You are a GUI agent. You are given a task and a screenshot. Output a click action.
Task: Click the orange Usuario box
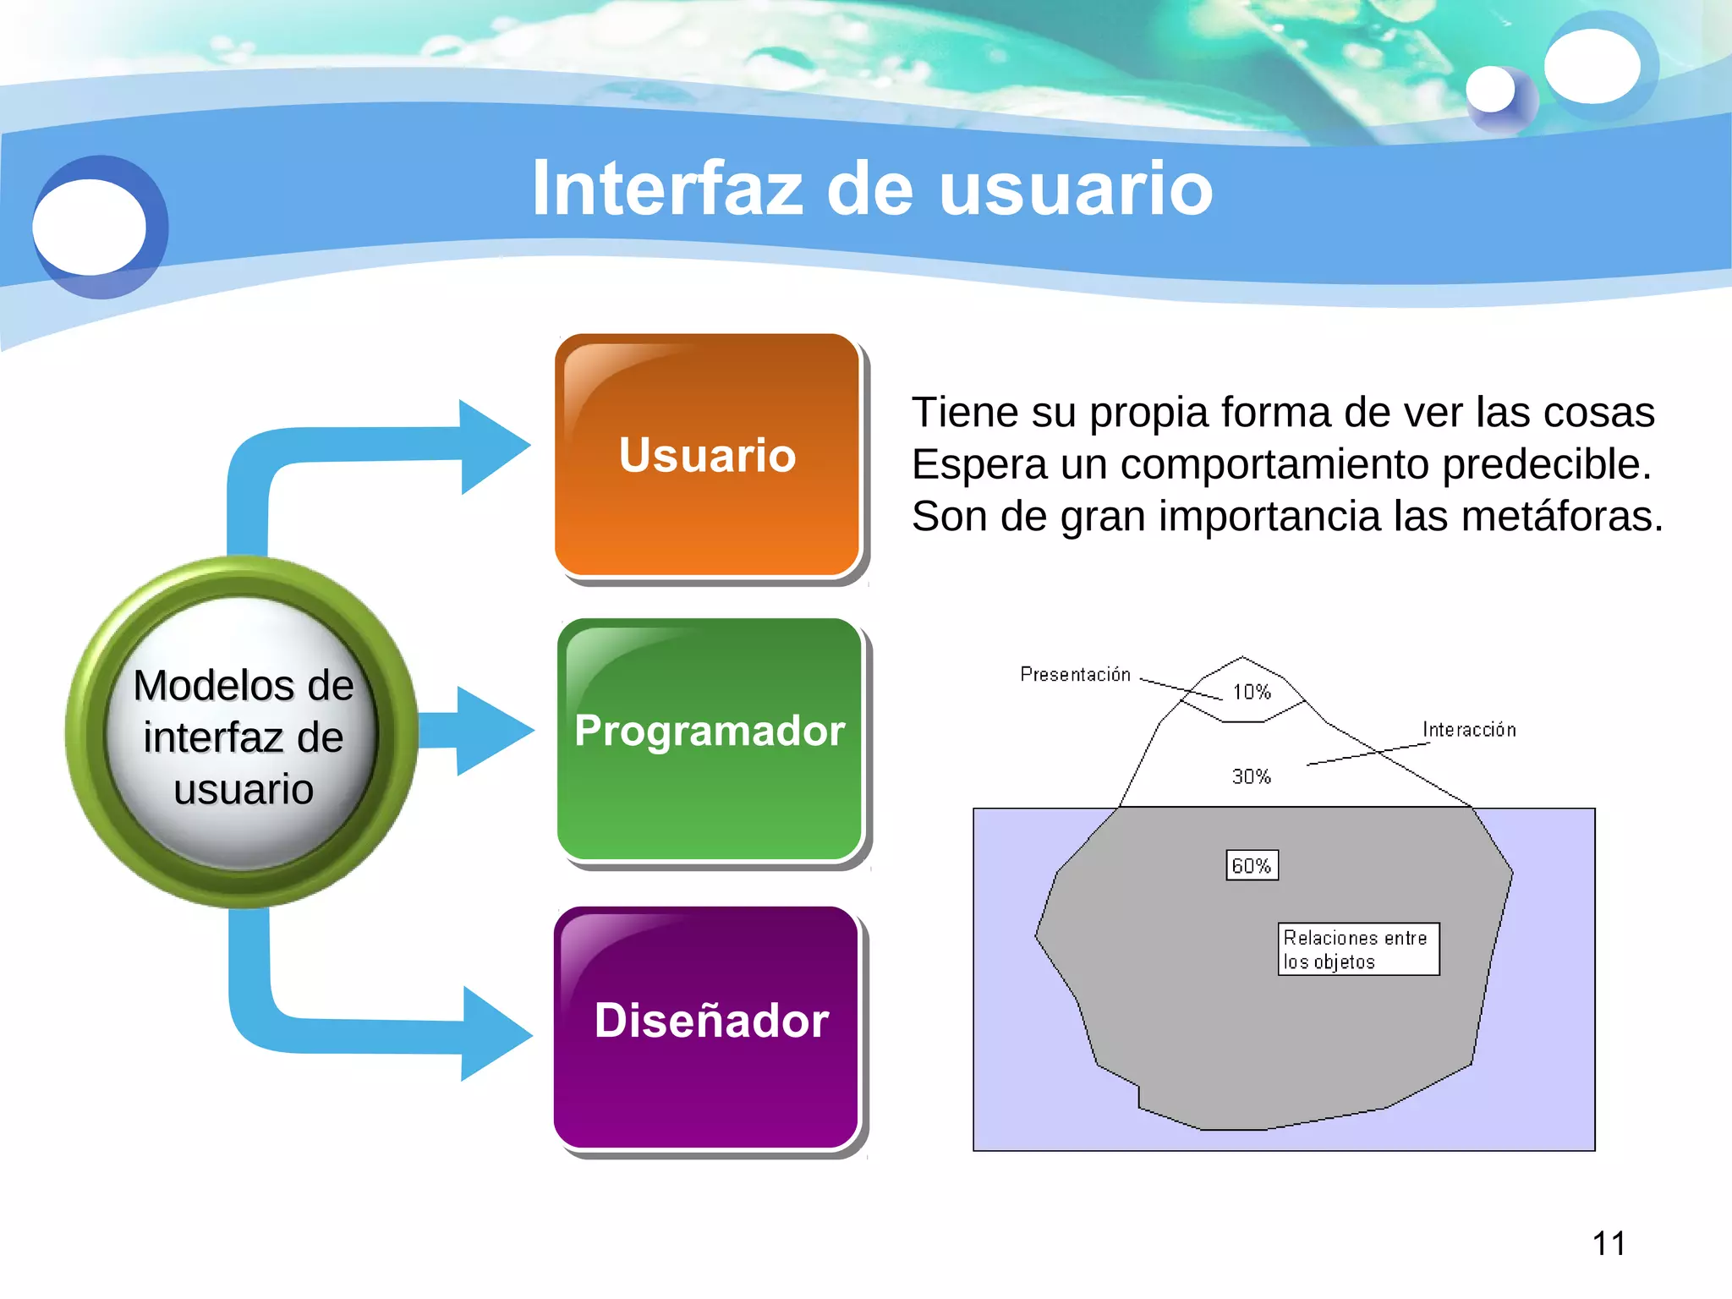coord(707,455)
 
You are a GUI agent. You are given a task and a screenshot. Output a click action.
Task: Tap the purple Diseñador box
coord(707,1027)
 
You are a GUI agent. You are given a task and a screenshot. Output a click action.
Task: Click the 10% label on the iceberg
coord(1252,692)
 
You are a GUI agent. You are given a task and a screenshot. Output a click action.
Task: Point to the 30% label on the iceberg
coord(1251,776)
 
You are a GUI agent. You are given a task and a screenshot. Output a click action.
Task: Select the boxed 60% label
coord(1252,865)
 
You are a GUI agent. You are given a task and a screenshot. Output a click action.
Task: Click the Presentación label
coord(1075,674)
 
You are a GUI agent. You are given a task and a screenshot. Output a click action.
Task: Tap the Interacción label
coord(1469,729)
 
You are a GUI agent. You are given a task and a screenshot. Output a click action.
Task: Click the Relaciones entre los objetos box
coord(1357,949)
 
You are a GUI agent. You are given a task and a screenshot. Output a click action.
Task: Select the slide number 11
coord(1609,1243)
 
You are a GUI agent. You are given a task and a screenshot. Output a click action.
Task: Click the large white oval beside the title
coord(89,227)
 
